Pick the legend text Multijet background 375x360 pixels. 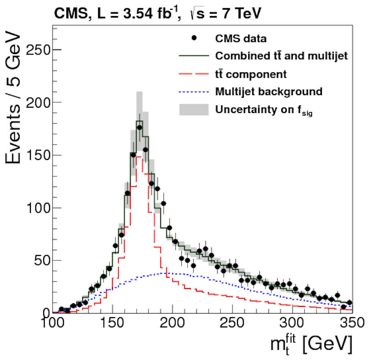click(268, 92)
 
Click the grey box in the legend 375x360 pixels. click(194, 109)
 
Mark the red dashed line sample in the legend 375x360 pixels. click(194, 74)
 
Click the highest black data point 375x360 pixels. click(139, 128)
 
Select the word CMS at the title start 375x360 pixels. click(68, 14)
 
